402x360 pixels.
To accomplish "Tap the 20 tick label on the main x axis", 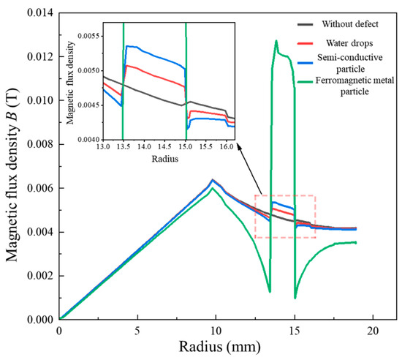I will [373, 331].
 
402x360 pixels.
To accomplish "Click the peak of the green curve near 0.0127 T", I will [276, 41].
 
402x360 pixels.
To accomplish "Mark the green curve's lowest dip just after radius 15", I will [295, 297].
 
